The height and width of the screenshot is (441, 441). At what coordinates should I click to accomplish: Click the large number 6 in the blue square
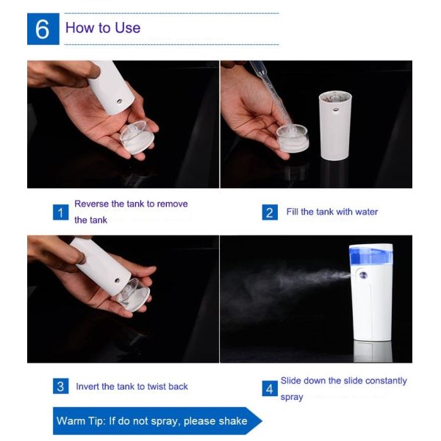point(43,29)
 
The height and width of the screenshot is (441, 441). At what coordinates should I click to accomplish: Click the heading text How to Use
point(103,28)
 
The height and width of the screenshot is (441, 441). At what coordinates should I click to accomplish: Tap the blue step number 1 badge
point(60,212)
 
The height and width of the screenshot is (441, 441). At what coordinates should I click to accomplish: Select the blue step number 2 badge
point(270,212)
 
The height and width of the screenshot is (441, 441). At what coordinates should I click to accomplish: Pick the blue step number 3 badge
point(60,386)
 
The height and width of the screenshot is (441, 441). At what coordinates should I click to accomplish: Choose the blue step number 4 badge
point(270,389)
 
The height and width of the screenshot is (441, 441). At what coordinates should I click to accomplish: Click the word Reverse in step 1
point(91,204)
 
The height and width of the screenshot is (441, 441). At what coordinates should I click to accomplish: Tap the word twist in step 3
point(156,387)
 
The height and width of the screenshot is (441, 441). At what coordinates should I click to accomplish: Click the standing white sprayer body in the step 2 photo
point(335,125)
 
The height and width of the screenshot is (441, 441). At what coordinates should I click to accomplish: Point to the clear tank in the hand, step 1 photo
point(137,137)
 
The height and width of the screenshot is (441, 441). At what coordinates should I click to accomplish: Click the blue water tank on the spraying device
point(371,255)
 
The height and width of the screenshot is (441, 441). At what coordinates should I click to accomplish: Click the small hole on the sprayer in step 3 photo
point(118,281)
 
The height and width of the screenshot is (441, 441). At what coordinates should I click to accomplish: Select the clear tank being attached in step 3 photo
point(134,295)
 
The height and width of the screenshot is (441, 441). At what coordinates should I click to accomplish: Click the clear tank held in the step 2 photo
point(293,138)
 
